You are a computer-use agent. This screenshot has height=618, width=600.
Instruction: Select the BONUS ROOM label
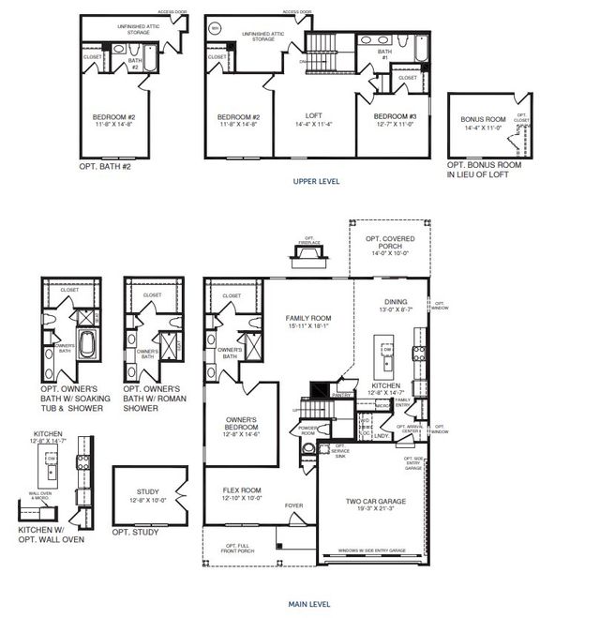tap(483, 120)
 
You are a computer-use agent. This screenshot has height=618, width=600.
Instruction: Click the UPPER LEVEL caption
tap(316, 181)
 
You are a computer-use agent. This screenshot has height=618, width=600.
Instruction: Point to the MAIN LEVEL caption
tap(316, 605)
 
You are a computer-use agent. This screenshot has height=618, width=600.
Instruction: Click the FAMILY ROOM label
tap(309, 319)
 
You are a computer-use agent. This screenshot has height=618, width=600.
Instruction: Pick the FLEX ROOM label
tap(241, 489)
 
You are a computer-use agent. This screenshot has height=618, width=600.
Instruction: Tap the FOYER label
tap(295, 504)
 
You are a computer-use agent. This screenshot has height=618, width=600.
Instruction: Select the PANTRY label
tap(340, 396)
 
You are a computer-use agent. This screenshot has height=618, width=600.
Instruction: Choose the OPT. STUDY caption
tap(132, 532)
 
